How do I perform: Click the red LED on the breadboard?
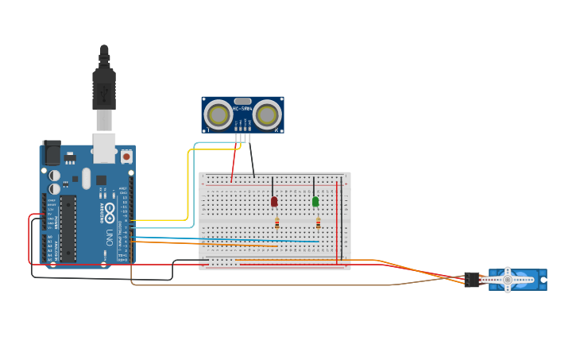274,202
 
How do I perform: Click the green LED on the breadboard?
315,202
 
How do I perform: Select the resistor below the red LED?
276,223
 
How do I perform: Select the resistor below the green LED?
318,223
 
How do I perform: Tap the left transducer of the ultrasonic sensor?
218,115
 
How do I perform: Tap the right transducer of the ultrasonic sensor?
267,115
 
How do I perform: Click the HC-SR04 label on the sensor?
242,108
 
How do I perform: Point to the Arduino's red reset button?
126,157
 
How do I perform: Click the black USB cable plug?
104,87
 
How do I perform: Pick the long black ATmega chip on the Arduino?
68,227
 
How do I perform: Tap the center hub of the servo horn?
507,280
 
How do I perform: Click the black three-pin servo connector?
472,279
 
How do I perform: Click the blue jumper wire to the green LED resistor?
238,238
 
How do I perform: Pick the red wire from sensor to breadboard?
234,163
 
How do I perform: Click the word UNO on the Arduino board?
110,237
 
